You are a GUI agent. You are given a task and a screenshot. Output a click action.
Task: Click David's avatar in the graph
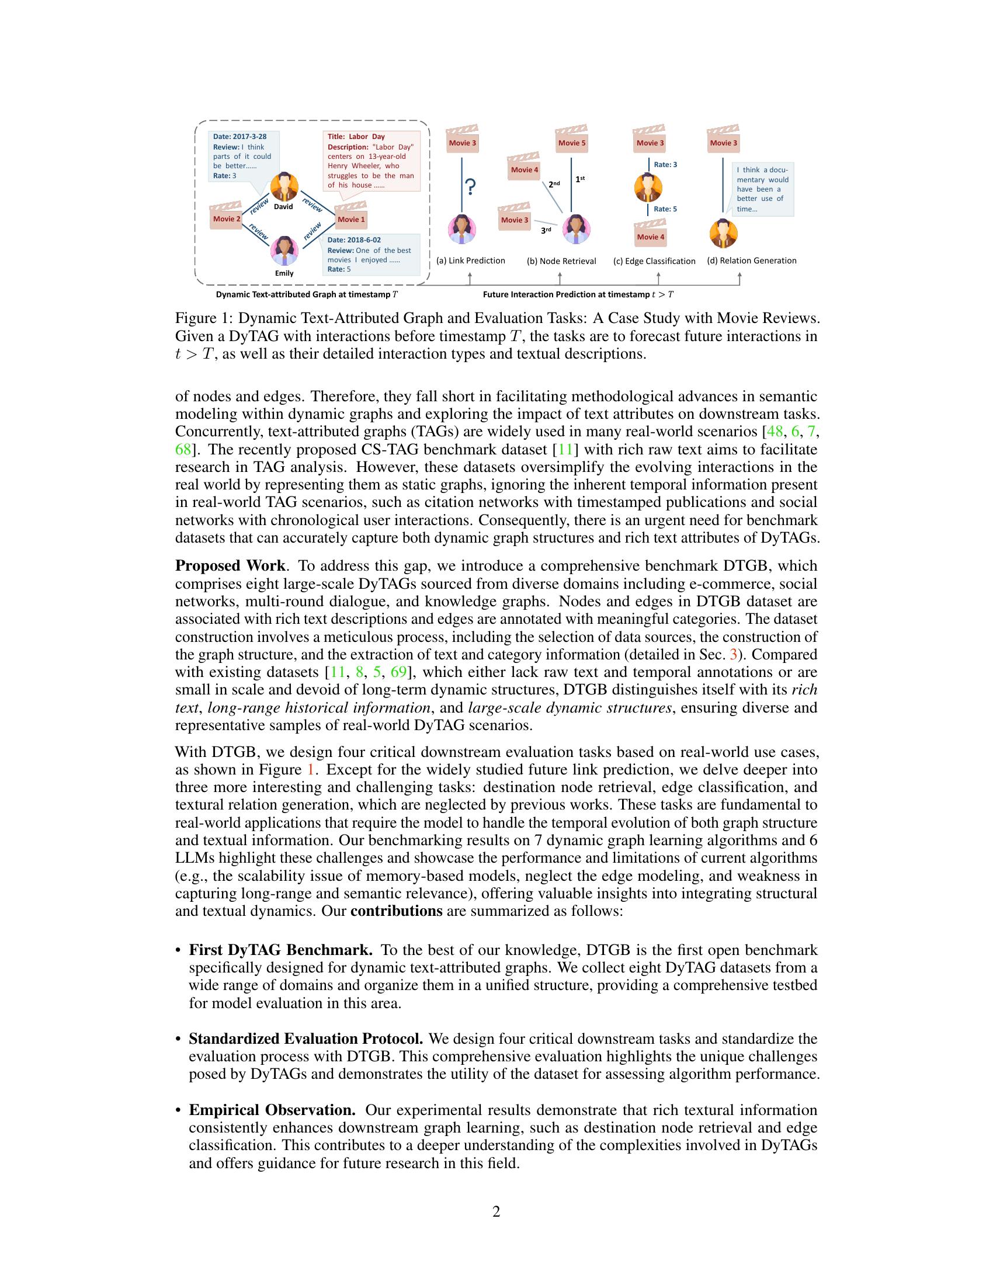[284, 187]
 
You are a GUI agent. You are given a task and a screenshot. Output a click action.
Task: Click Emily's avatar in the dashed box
[284, 251]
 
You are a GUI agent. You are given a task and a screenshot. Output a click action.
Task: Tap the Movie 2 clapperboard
[227, 217]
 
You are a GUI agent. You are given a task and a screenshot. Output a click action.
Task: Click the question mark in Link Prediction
[470, 187]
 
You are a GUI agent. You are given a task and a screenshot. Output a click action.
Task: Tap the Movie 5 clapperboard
[572, 140]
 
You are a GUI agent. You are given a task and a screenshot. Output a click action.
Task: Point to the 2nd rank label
[554, 184]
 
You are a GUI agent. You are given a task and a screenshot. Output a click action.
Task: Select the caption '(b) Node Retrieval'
[561, 261]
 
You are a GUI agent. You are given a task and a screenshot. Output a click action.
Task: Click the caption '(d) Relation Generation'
[751, 261]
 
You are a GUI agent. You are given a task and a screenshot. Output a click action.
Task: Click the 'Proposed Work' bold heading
[230, 566]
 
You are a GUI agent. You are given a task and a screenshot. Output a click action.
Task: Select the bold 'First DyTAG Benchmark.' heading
[280, 950]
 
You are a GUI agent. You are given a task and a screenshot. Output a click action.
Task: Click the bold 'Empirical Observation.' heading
[272, 1110]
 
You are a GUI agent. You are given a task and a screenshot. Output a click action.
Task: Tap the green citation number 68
[183, 450]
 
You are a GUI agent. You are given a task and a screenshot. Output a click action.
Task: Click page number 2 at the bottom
[496, 1211]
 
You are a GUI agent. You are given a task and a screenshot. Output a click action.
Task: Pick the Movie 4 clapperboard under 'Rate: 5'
[650, 234]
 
